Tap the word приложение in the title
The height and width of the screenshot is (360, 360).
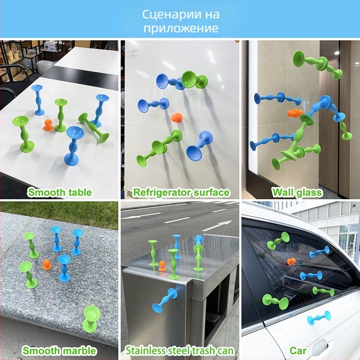click(x=181, y=28)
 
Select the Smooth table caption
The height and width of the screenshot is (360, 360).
click(x=60, y=192)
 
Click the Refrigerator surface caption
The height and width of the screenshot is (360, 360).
click(x=181, y=192)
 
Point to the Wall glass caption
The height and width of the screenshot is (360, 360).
click(x=297, y=192)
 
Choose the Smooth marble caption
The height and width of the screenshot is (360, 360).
click(x=59, y=351)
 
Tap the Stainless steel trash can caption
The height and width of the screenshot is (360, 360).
click(x=180, y=351)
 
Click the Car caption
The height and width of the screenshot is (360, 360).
click(x=298, y=351)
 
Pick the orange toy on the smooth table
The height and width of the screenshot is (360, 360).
click(x=48, y=125)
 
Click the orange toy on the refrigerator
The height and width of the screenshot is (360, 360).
click(x=177, y=117)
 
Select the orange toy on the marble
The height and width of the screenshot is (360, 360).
click(x=47, y=265)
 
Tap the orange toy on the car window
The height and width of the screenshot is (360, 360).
click(x=292, y=261)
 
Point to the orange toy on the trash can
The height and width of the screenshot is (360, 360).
click(x=162, y=266)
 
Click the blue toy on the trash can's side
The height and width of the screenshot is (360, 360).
click(x=165, y=300)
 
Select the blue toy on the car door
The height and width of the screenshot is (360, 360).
click(x=319, y=318)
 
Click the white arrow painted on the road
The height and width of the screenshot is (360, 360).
click(x=216, y=226)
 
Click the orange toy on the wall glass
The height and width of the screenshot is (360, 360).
click(x=295, y=113)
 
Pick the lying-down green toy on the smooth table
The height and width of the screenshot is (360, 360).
click(x=94, y=127)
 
